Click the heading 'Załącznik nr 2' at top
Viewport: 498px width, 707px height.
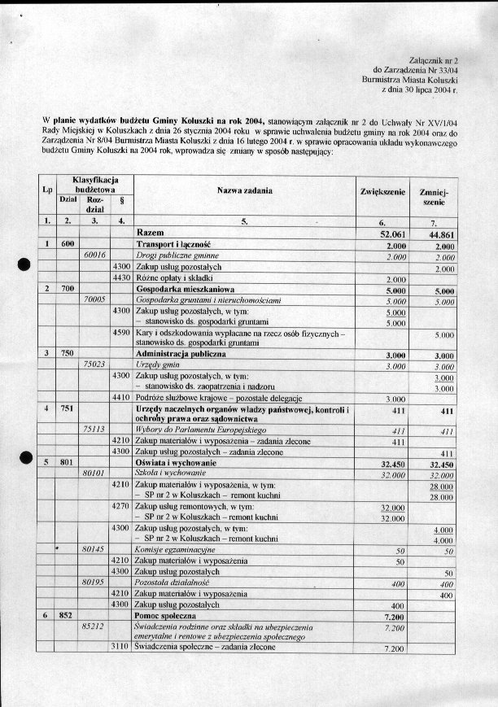[x=435, y=61]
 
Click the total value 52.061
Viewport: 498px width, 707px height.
[x=387, y=233]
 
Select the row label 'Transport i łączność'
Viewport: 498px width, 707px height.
[x=173, y=244]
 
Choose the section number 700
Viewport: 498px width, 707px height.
[x=67, y=289]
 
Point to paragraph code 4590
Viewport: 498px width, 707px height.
[x=121, y=333]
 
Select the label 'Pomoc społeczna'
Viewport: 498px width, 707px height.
[x=166, y=617]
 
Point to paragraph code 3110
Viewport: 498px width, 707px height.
[x=121, y=648]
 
